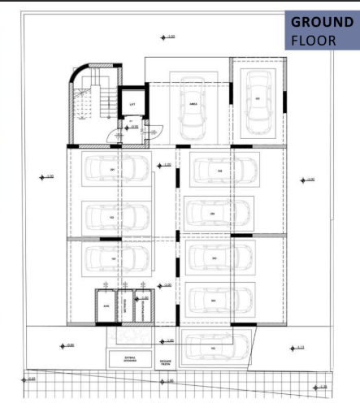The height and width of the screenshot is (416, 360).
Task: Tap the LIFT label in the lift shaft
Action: [132, 105]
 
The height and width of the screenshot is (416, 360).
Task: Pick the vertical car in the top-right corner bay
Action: [258, 100]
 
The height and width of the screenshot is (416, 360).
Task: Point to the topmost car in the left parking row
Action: [115, 170]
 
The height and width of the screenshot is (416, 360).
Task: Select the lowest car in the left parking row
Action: [115, 258]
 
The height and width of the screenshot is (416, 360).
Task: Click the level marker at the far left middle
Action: [46, 176]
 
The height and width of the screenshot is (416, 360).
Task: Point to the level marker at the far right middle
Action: [306, 180]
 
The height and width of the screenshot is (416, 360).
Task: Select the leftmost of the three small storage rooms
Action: [106, 305]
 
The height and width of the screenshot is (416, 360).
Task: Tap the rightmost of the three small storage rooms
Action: [144, 305]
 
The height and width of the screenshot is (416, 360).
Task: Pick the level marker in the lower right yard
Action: [297, 347]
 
